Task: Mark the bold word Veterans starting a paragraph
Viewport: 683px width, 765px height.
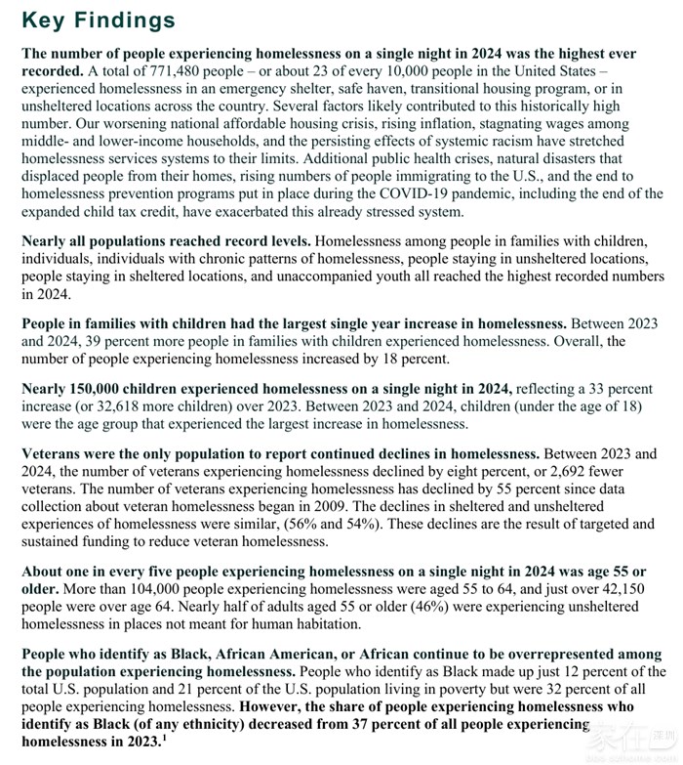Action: pos(55,454)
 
